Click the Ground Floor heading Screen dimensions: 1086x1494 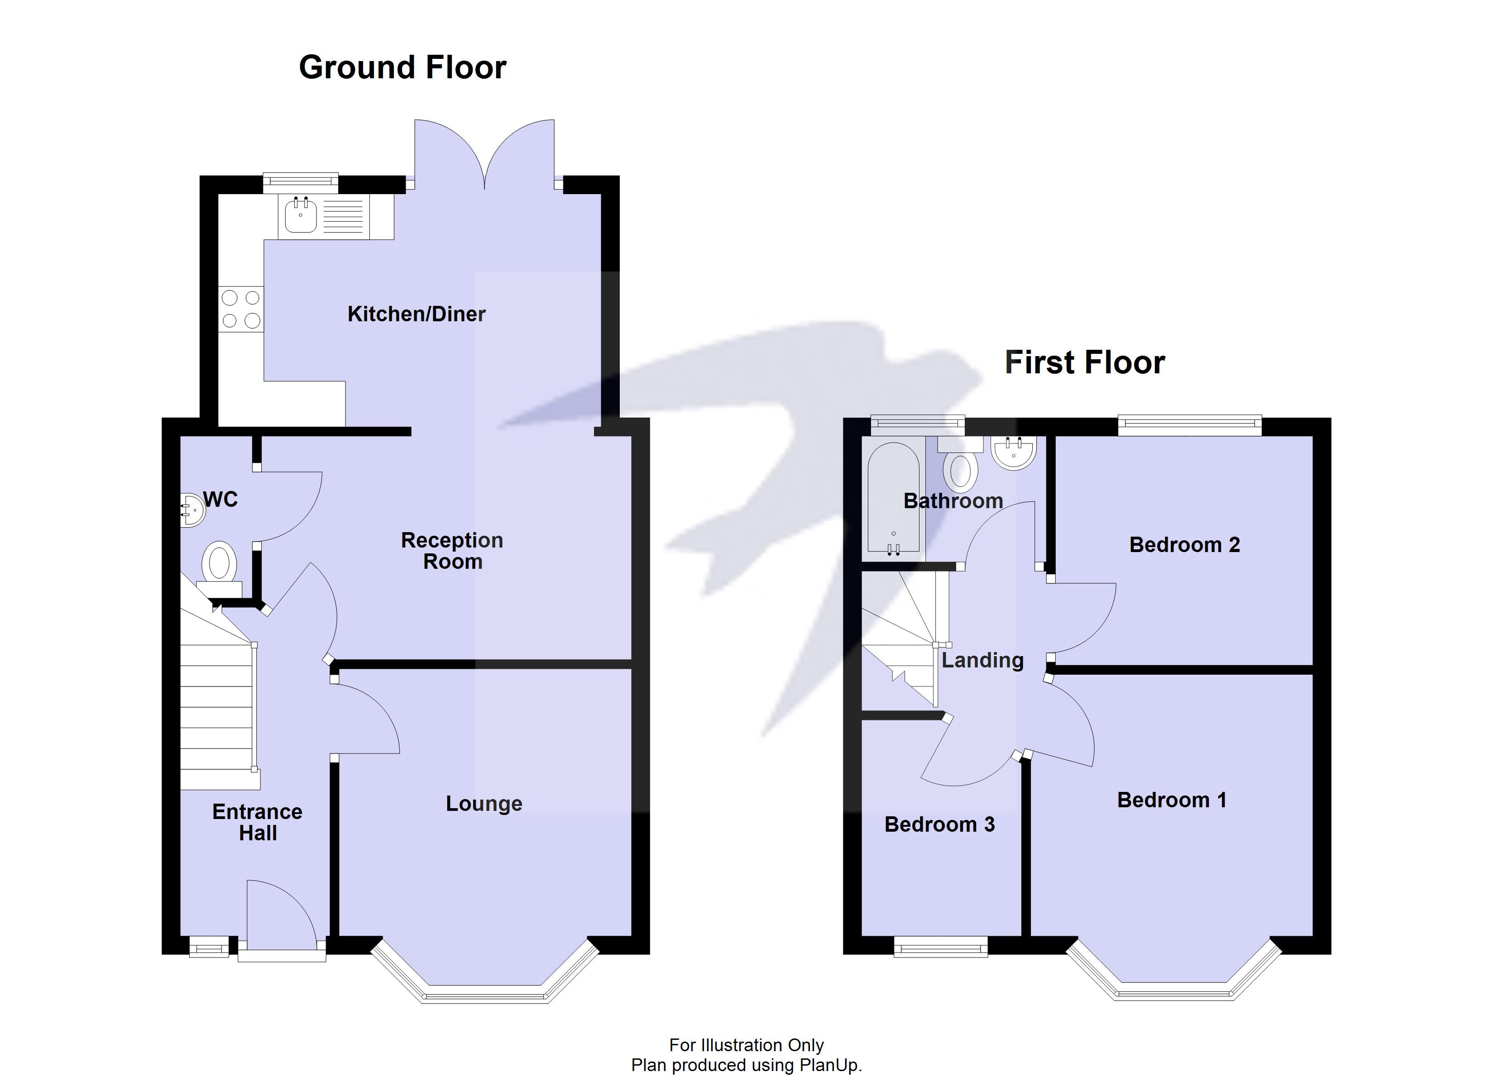click(402, 67)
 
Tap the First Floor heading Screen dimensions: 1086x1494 click(1084, 362)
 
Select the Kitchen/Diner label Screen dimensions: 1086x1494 click(417, 314)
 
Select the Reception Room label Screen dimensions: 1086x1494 click(452, 551)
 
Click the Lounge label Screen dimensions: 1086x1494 click(484, 804)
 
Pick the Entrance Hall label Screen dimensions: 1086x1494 click(258, 822)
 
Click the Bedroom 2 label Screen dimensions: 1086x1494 click(1184, 545)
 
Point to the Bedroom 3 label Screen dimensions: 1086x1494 click(939, 824)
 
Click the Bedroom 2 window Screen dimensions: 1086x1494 click(1190, 425)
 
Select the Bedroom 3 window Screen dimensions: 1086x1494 click(941, 947)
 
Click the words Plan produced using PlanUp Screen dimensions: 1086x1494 click(747, 1065)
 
